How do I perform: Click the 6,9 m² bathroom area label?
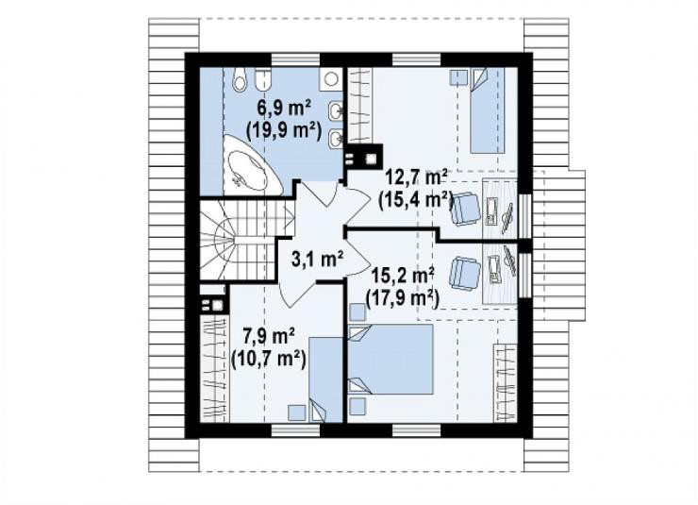284,109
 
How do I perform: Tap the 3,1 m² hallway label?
317,259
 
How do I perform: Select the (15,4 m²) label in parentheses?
415,199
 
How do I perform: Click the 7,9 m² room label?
269,336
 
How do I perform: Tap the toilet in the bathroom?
240,79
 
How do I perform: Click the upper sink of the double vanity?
336,110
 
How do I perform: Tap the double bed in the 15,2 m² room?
391,359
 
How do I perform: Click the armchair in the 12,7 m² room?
466,209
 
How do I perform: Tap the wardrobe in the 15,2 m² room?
507,382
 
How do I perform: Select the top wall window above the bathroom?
295,59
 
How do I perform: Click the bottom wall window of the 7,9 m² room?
295,430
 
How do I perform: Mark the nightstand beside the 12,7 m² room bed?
458,77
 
